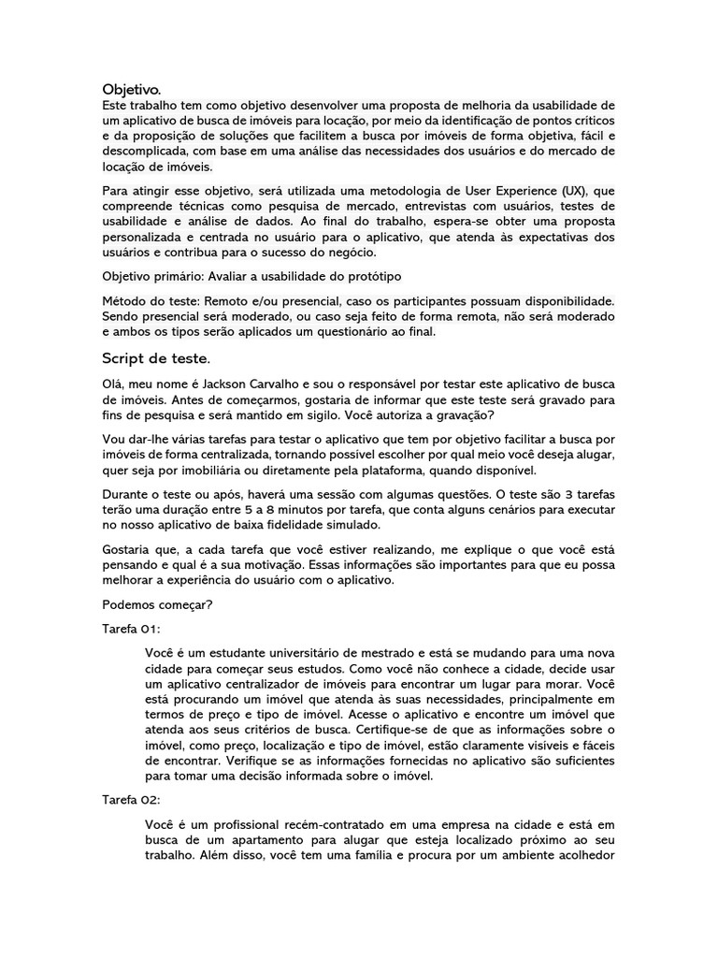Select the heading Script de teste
(x=157, y=358)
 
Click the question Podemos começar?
(x=157, y=604)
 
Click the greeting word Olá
(x=114, y=385)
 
